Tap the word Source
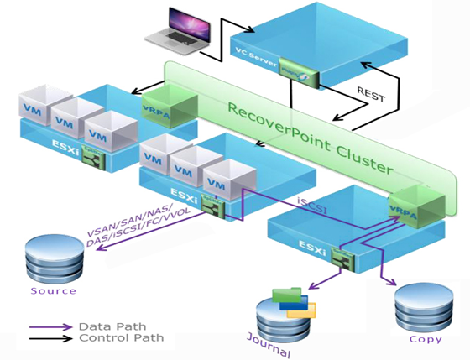[53, 291]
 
